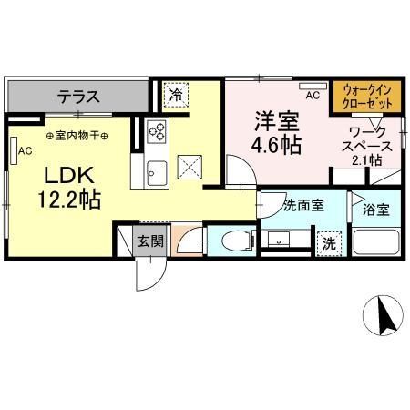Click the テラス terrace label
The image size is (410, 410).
point(78,95)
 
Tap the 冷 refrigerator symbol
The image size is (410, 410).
point(174,93)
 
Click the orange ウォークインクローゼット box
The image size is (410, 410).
point(368,97)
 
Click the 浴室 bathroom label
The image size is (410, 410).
point(376,210)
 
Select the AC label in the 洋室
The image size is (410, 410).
point(312,95)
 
